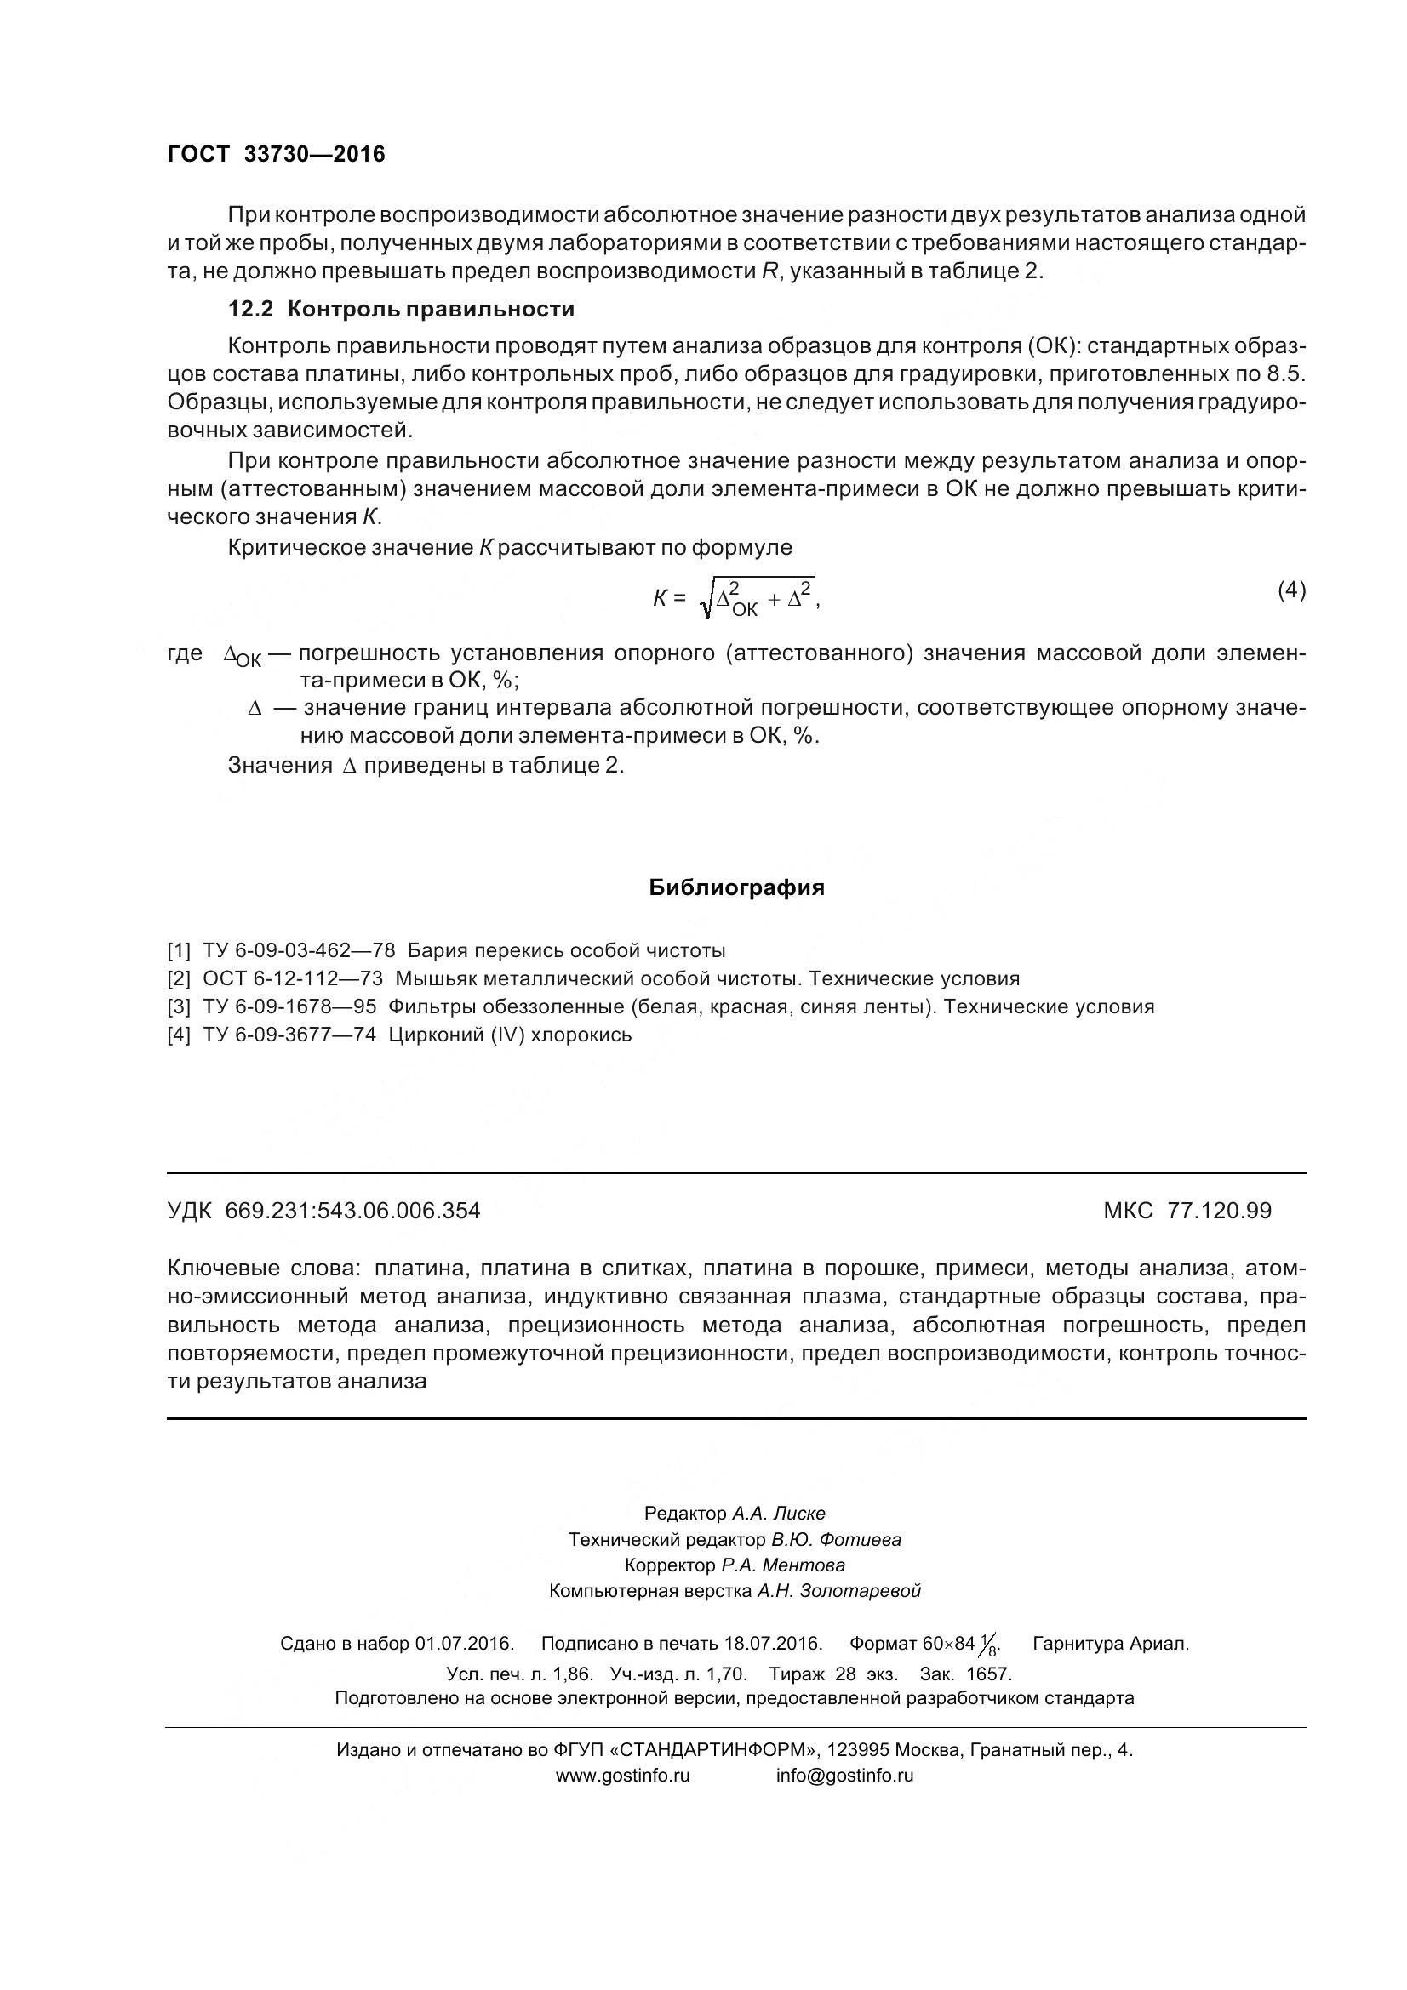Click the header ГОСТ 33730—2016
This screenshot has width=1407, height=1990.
276,154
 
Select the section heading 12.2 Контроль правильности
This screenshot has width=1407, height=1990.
401,309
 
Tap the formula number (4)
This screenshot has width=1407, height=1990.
1291,590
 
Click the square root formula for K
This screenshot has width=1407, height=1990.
737,598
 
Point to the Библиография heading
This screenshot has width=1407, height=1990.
736,888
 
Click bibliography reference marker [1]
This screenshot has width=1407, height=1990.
179,950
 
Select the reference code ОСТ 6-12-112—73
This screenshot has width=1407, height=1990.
292,978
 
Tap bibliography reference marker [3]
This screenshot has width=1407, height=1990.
179,1006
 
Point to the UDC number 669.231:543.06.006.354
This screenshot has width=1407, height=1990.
352,1211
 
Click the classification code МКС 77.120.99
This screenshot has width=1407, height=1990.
1187,1211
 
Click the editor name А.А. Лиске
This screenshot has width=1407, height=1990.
779,1514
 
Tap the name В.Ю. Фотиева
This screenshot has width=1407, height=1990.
836,1539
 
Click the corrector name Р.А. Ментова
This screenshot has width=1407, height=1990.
783,1565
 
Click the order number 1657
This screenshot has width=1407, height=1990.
989,1674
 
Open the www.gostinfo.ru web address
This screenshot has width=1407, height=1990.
622,1775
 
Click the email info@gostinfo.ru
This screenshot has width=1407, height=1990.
844,1775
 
